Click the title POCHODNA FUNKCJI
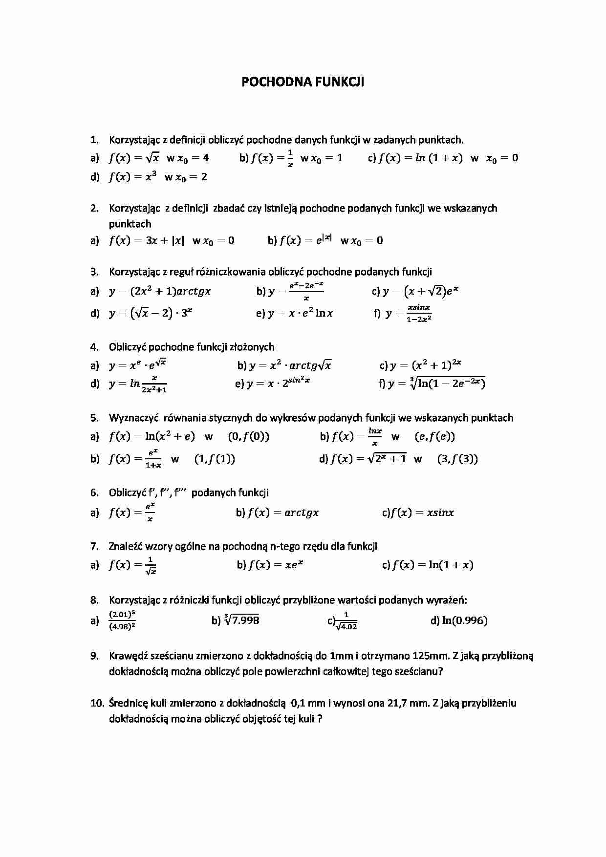pyautogui.click(x=303, y=82)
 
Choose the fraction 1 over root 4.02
pyautogui.click(x=346, y=621)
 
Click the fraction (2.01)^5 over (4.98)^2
pyautogui.click(x=122, y=621)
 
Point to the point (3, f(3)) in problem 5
pyautogui.click(x=457, y=459)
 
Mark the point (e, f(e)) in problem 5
pyautogui.click(x=434, y=437)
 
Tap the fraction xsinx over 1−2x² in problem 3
pyautogui.click(x=419, y=313)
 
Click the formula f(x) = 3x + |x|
pyautogui.click(x=147, y=240)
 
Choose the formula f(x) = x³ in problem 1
pyautogui.click(x=132, y=177)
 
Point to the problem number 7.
pyautogui.click(x=94, y=546)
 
